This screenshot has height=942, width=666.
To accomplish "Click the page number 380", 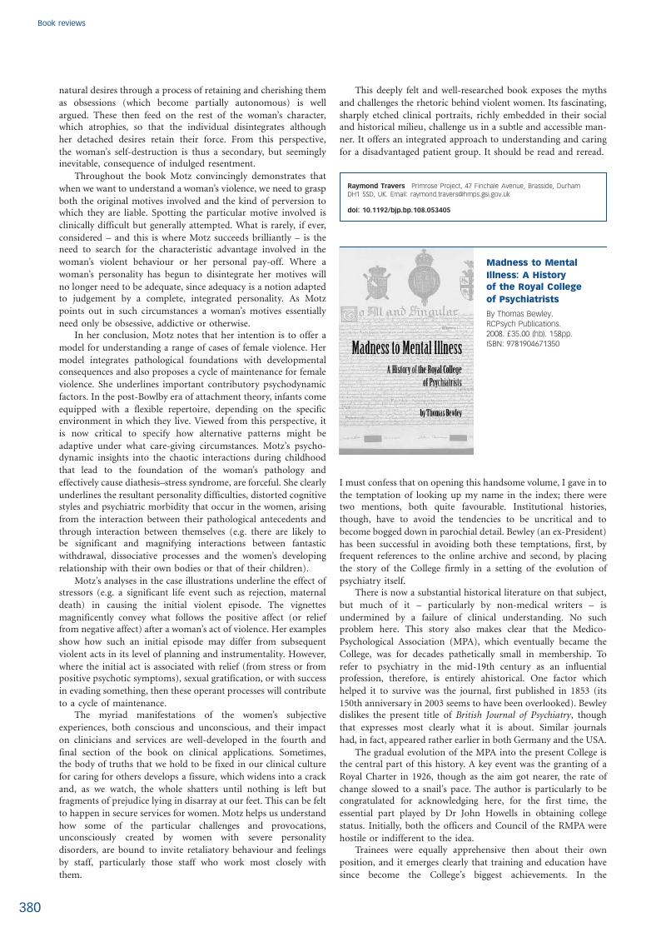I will [30, 908].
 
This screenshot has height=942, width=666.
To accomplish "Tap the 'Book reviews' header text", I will [62, 23].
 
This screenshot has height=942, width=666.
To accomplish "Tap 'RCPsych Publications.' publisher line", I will [524, 323].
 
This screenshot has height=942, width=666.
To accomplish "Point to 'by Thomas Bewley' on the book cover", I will [440, 412].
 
